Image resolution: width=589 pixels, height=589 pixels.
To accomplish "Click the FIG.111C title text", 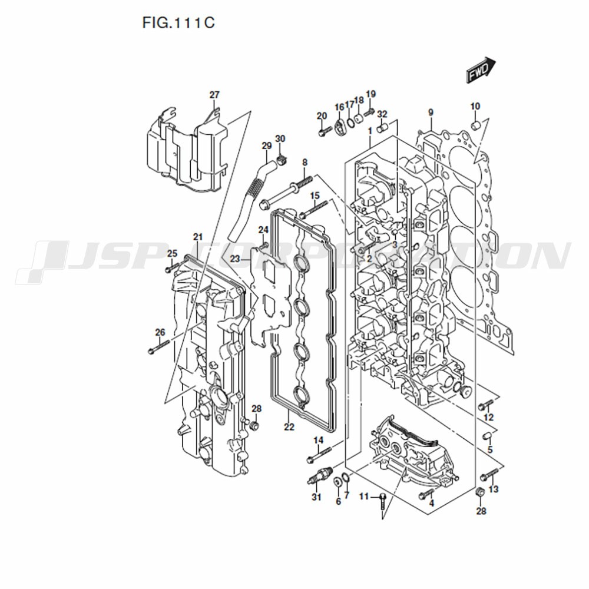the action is click(178, 22).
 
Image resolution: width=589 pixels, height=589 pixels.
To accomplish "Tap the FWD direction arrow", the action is click(481, 70).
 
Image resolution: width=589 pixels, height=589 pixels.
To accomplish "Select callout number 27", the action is click(214, 95).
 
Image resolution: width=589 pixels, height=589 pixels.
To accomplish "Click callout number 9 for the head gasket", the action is click(431, 112).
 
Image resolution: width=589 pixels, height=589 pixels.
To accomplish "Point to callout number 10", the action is click(475, 106).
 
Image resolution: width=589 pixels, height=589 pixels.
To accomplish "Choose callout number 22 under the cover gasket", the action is click(289, 427).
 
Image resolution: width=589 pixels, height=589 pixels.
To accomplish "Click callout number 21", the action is click(198, 237).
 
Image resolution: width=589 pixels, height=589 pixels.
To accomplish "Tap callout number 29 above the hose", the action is click(267, 145).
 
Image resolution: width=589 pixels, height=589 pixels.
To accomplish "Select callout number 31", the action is click(317, 497).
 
